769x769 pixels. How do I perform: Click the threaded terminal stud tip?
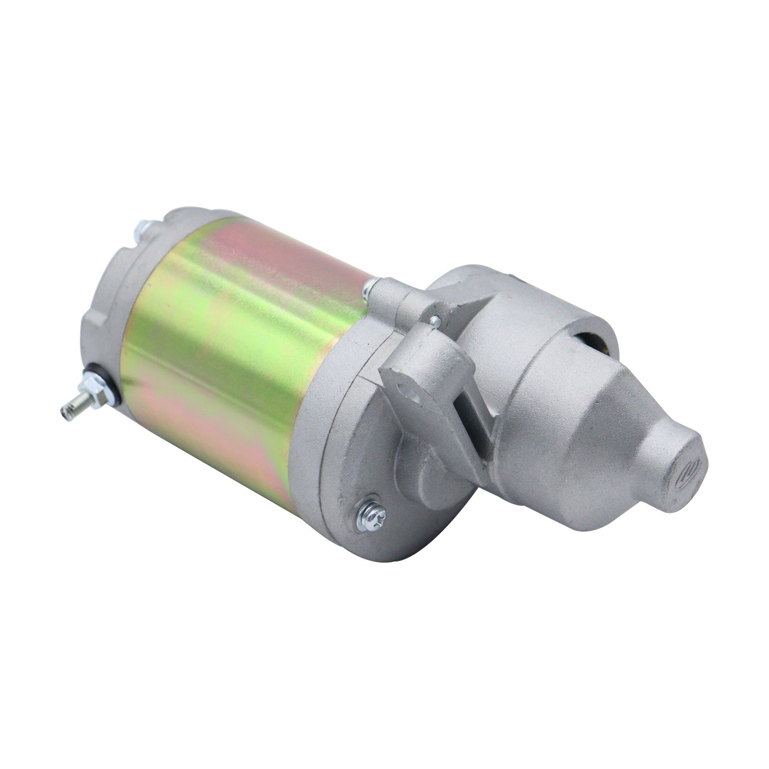coord(68,411)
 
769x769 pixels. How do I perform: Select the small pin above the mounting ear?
coord(435,320)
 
